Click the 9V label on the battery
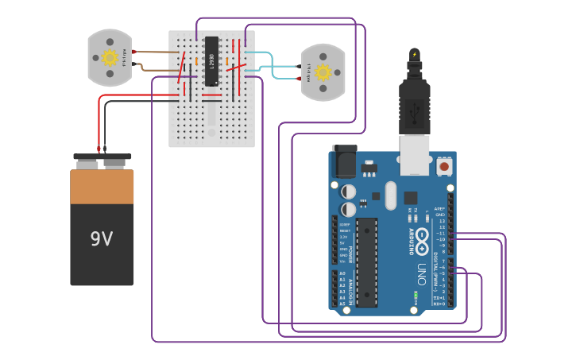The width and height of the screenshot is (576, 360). pyautogui.click(x=101, y=238)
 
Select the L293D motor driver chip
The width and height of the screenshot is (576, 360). pyautogui.click(x=211, y=61)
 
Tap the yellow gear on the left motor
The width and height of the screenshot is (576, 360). pyautogui.click(x=110, y=57)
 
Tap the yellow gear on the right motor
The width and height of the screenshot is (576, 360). pyautogui.click(x=323, y=72)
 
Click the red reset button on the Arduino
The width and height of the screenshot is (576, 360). pyautogui.click(x=443, y=165)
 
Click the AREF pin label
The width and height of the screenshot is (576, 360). pyautogui.click(x=439, y=208)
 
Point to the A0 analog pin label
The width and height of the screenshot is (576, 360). pyautogui.click(x=342, y=273)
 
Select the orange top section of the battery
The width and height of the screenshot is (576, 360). pyautogui.click(x=102, y=187)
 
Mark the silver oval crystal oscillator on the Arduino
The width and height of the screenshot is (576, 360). pyautogui.click(x=389, y=195)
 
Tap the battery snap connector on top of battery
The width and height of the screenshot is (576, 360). pyautogui.click(x=102, y=160)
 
